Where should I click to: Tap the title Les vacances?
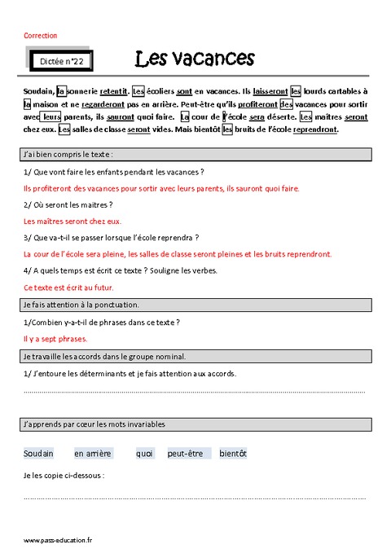coord(195,59)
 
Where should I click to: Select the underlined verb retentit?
coord(114,92)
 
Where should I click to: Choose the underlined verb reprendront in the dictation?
coord(314,129)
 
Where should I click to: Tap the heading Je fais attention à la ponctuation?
coord(81,305)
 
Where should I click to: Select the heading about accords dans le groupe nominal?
coord(106,356)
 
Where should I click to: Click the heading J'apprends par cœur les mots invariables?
coord(94,424)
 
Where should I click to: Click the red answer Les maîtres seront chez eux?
coord(72,221)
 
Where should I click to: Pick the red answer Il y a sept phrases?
coord(55,339)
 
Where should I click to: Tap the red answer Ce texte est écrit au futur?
coord(68,287)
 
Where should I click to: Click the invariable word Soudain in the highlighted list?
coord(38,454)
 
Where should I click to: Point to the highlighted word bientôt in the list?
coord(233,454)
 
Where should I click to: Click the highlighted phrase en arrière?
coord(92,454)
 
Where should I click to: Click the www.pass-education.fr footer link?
coord(58,540)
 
